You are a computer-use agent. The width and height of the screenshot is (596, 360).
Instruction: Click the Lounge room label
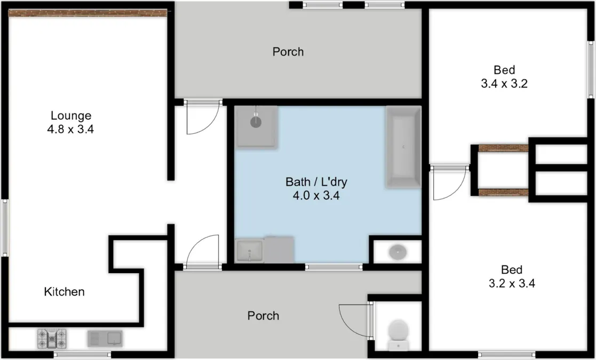point(71,115)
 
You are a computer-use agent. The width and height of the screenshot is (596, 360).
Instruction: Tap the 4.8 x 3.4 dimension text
point(71,129)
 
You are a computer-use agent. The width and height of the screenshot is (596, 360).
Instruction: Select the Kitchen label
point(64,292)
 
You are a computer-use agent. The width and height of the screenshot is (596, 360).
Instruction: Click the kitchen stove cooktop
point(52,338)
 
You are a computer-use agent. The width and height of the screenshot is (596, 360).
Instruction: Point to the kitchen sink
point(105,338)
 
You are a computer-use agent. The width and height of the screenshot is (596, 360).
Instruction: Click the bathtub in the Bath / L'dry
point(403,147)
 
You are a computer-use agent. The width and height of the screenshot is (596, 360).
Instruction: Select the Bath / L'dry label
point(316,182)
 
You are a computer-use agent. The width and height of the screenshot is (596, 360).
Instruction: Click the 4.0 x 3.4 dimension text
point(316,195)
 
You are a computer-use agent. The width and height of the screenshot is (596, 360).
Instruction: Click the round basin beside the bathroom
point(397,252)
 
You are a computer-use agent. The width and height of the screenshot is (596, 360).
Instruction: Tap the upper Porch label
point(288,52)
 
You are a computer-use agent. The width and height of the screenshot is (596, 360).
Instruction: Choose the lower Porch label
point(263,316)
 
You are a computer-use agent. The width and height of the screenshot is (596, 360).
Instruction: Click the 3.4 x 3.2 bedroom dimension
point(504,83)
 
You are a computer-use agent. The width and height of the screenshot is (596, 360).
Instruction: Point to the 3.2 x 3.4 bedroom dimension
point(512,283)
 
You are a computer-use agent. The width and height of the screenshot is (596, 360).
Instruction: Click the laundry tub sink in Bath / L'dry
point(250,250)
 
